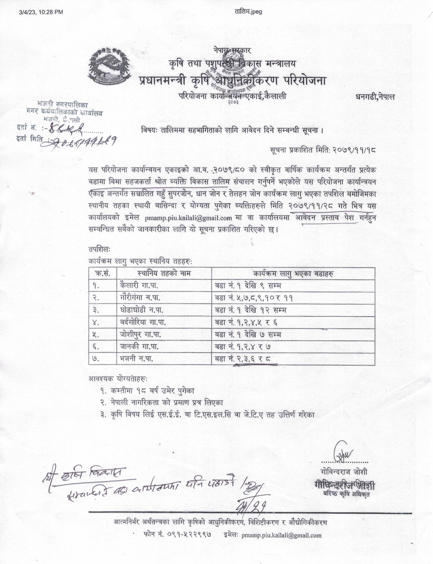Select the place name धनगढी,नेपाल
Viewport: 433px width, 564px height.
[375, 97]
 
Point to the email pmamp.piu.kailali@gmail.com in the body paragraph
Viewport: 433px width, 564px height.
[188, 218]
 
